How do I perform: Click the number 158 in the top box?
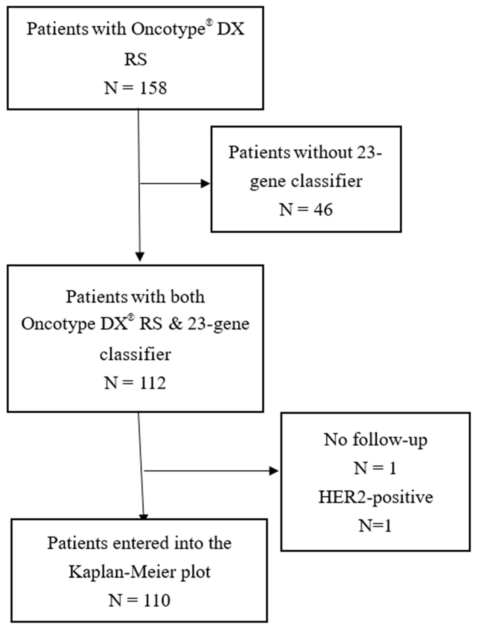[x=153, y=88]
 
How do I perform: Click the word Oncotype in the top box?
[x=168, y=29]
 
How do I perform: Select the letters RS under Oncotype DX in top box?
[x=135, y=60]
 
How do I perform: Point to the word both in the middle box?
[x=187, y=297]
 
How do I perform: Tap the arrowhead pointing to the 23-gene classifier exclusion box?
[x=205, y=184]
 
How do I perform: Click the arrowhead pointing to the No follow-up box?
[x=274, y=471]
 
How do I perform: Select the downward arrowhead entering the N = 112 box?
[x=140, y=257]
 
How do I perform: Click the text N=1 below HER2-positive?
[x=375, y=526]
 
